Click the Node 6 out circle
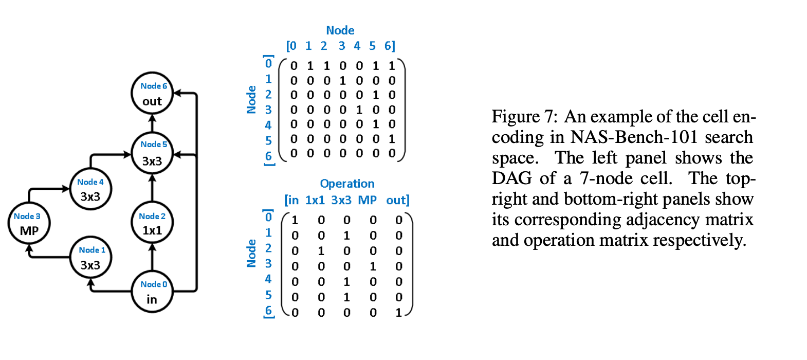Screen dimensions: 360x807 tap(152, 93)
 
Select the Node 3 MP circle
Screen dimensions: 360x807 tap(29, 223)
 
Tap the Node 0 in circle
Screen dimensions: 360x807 tap(152, 292)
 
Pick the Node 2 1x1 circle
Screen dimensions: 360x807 tap(152, 223)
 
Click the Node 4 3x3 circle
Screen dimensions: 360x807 tap(90, 189)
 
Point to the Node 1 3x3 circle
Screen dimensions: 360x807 tap(91, 257)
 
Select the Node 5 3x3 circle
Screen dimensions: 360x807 tap(152, 153)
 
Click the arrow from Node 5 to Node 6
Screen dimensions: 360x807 tap(152, 123)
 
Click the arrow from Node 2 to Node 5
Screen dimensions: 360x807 tap(152, 188)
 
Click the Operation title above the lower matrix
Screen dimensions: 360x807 tap(347, 184)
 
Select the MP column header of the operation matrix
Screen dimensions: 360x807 tap(367, 200)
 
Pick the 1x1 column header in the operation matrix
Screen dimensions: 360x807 tap(315, 200)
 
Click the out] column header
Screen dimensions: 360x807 tap(398, 200)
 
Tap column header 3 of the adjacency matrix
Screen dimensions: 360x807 tap(342, 46)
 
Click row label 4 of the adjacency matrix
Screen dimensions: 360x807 tap(268, 125)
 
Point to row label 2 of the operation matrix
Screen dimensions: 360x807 tap(268, 248)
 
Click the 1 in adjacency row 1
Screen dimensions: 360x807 tap(342, 81)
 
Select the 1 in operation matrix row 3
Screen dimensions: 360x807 tap(373, 266)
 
